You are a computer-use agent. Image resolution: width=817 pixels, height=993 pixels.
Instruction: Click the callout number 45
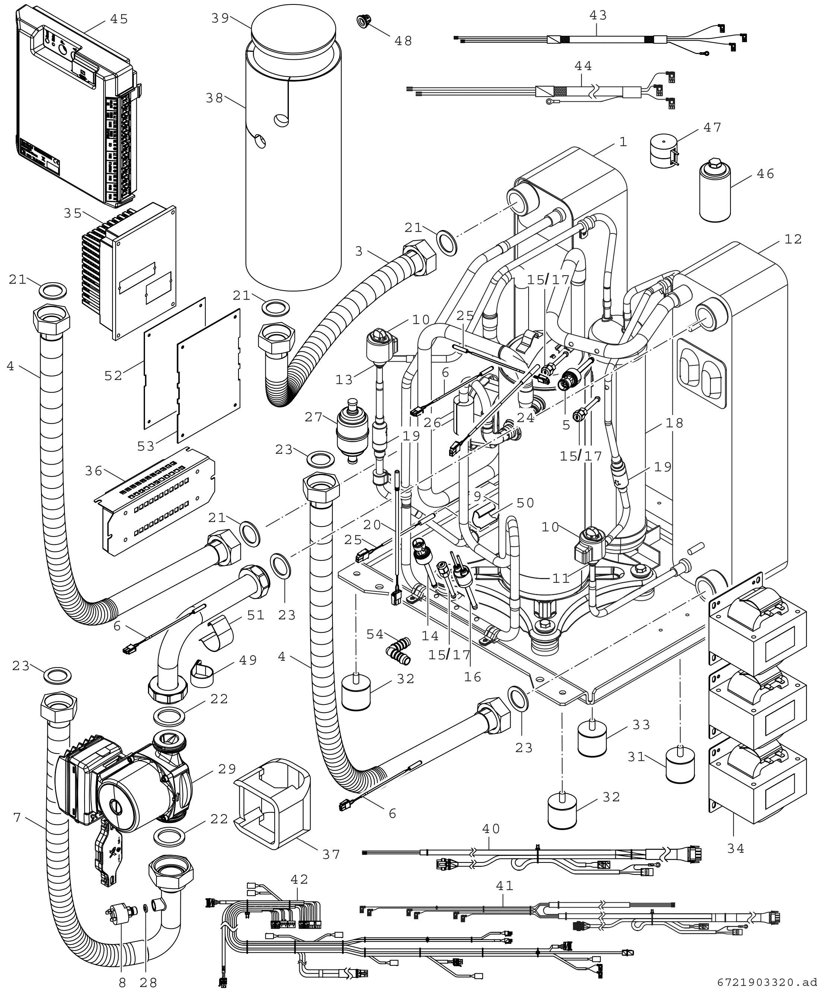click(119, 19)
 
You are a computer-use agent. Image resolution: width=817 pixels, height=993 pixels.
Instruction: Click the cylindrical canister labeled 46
click(715, 191)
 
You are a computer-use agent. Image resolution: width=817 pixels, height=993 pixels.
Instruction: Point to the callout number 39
click(220, 18)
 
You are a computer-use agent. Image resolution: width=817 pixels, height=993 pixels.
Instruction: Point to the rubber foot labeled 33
click(592, 738)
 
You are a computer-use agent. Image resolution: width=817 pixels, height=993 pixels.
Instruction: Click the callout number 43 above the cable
click(598, 16)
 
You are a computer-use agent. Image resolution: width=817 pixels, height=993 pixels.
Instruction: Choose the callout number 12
click(793, 239)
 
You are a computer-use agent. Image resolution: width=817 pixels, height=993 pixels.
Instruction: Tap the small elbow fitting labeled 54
click(398, 653)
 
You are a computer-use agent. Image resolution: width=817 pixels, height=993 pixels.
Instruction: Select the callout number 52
click(113, 375)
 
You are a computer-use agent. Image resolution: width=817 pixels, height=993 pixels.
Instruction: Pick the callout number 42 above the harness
click(299, 879)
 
